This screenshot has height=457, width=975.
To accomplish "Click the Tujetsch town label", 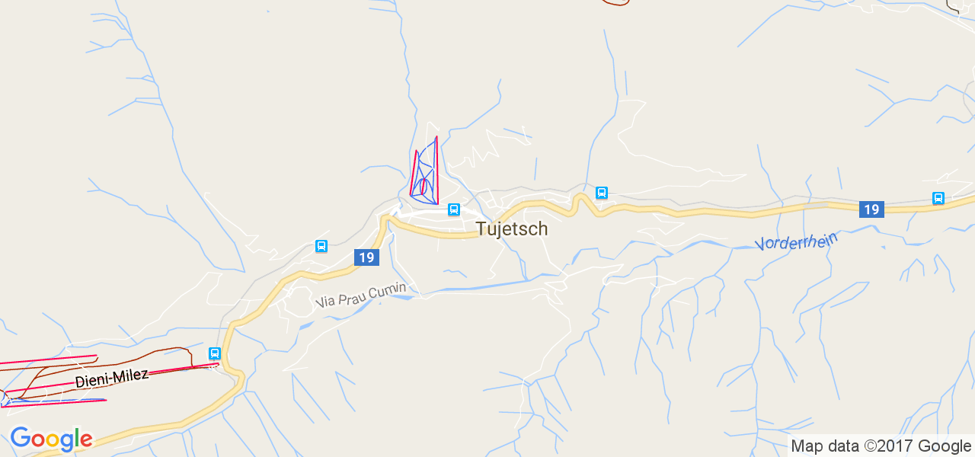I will [x=511, y=228].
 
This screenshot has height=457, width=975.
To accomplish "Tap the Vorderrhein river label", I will [x=796, y=241].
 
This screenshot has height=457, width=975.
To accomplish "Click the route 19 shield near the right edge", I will [x=871, y=209].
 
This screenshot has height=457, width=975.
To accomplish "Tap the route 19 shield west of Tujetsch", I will [x=366, y=257].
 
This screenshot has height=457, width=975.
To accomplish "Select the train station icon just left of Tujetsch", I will [x=454, y=209].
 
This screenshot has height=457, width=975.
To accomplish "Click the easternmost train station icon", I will [x=938, y=198].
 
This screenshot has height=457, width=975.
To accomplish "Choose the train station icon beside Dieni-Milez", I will [x=215, y=353].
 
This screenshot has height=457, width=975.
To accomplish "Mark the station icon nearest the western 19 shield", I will [x=321, y=246].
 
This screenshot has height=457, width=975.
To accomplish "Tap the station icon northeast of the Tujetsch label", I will [x=602, y=193].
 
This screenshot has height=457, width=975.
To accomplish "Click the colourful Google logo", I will [x=51, y=439].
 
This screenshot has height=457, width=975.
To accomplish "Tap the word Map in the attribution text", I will [x=806, y=446].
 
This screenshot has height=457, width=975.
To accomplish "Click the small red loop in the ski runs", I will [x=424, y=186].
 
